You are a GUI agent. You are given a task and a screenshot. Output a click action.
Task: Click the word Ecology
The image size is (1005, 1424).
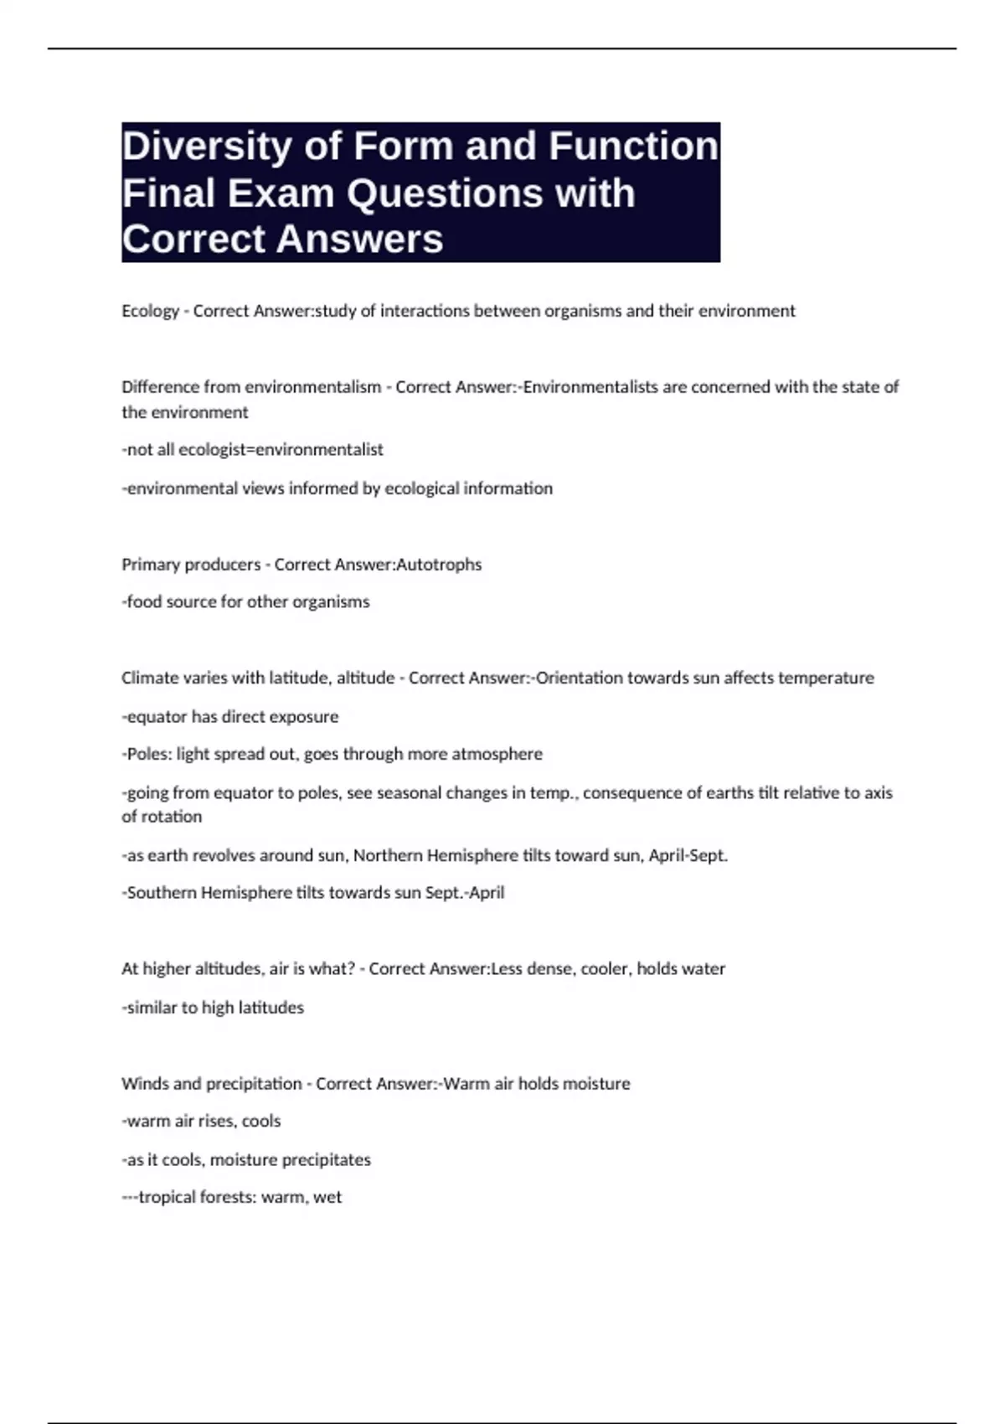pos(151,311)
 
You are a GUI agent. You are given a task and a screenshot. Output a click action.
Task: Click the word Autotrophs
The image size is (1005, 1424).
pos(439,565)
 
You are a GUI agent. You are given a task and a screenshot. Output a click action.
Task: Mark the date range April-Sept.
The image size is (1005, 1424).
pos(688,855)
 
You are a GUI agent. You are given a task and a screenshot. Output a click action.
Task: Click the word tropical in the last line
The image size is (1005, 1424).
pos(167,1198)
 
